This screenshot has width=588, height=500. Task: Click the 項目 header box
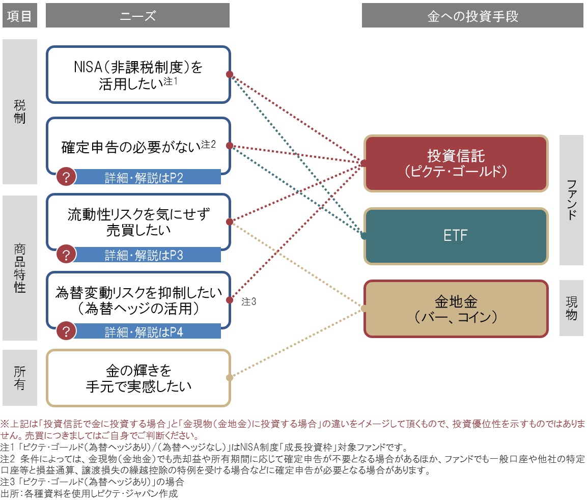(20, 16)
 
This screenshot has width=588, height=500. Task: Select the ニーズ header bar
(137, 16)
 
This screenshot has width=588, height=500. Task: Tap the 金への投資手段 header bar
(473, 16)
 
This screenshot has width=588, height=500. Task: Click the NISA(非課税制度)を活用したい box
(138, 74)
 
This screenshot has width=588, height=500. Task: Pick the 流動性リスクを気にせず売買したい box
(138, 222)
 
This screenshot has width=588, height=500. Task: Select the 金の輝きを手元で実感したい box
(138, 377)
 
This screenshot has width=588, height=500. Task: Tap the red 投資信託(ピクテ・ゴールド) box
(456, 163)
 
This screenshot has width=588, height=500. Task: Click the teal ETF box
(456, 236)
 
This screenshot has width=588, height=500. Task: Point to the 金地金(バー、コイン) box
(456, 309)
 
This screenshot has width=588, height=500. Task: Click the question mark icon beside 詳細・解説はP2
(67, 177)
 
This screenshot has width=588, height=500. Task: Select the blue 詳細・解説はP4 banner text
(144, 332)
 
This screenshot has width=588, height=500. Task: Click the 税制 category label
(20, 112)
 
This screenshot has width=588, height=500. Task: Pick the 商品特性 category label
(20, 268)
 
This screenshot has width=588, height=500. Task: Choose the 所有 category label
(20, 377)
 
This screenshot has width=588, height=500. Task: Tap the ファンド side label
(571, 200)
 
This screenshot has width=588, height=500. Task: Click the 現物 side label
(571, 308)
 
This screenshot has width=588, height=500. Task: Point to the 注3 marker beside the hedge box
(249, 301)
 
